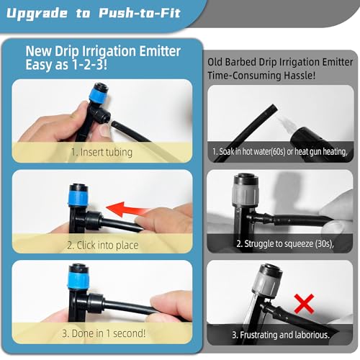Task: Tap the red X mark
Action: [305, 303]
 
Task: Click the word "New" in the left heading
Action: [39, 51]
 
